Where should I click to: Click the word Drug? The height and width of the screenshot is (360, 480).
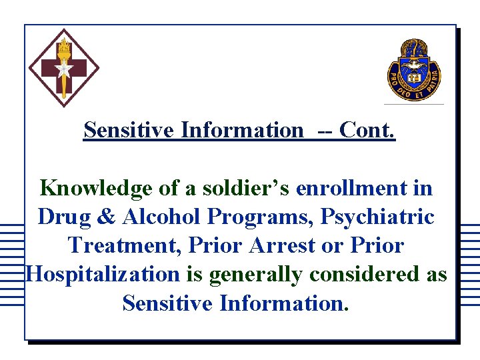tap(65, 217)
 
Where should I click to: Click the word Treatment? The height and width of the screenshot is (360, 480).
tap(126, 245)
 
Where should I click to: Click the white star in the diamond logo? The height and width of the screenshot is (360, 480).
tap(64, 69)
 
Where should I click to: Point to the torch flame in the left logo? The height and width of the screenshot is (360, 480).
tap(64, 47)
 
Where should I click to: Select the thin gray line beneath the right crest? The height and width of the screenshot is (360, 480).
tap(414, 105)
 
